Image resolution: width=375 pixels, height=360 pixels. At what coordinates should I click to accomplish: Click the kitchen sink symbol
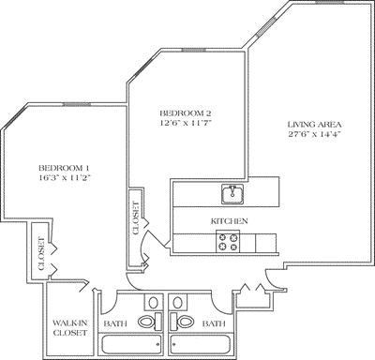point(231,194)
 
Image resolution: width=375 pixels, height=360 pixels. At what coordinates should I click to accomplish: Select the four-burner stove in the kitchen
point(228,242)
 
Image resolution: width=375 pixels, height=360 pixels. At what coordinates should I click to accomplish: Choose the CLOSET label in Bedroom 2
point(135,217)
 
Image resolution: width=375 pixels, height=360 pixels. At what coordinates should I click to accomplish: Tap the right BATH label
point(214,323)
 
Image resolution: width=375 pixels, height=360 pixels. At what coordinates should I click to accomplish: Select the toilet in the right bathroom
point(185,322)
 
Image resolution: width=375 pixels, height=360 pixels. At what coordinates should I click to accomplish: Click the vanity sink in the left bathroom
point(152,302)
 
